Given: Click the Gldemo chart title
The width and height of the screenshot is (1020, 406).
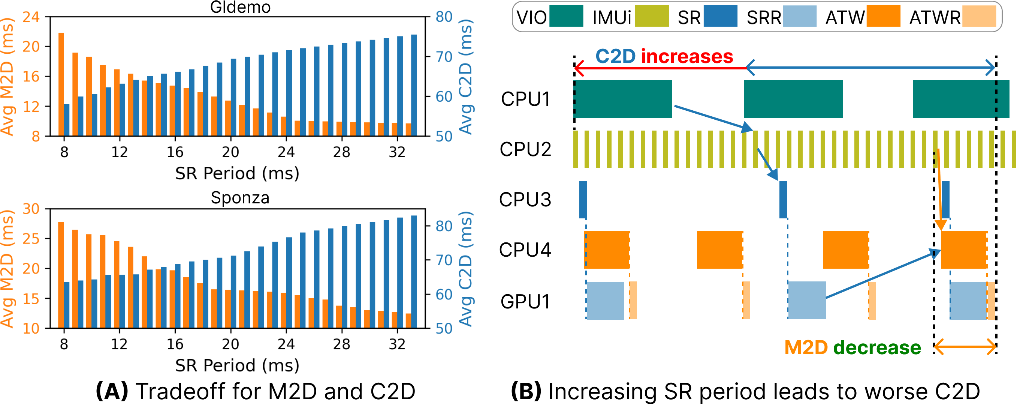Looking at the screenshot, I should tap(240, 7).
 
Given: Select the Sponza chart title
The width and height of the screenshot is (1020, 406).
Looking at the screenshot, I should tap(240, 197).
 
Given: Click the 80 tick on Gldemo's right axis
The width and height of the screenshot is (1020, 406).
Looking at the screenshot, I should tap(444, 17).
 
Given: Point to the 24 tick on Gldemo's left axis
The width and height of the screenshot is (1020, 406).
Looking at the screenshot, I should tap(31, 17).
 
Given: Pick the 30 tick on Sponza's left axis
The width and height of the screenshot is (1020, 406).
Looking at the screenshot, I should tap(31, 209).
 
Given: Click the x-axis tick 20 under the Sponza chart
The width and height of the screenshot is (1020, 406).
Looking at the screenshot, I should tap(230, 344).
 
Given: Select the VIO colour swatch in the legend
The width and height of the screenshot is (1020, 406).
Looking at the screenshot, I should tap(566, 16).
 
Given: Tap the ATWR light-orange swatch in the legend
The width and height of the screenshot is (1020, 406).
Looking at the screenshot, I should tap(979, 16).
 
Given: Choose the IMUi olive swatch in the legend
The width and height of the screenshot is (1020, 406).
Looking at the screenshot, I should tap(652, 16).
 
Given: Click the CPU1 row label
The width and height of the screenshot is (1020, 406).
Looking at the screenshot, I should tap(525, 99).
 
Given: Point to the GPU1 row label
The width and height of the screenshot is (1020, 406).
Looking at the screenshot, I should tap(525, 302).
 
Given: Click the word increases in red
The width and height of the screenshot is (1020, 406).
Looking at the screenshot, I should tap(687, 56).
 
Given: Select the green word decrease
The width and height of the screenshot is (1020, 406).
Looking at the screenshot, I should tap(877, 348).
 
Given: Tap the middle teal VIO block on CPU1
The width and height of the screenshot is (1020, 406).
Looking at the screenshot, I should tap(793, 99).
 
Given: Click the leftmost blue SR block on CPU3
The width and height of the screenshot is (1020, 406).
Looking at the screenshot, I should tap(583, 199).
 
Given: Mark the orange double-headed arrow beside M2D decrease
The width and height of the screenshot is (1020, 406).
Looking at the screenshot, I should tap(965, 348).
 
